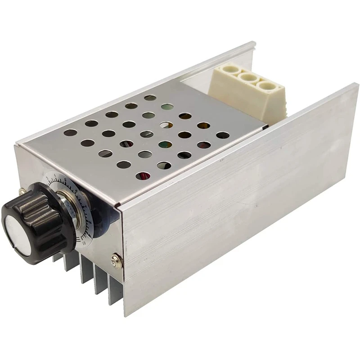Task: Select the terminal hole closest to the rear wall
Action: point(227,70)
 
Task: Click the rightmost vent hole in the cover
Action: point(222,135)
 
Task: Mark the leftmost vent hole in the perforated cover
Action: point(71,133)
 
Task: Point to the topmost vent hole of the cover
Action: point(150,97)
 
